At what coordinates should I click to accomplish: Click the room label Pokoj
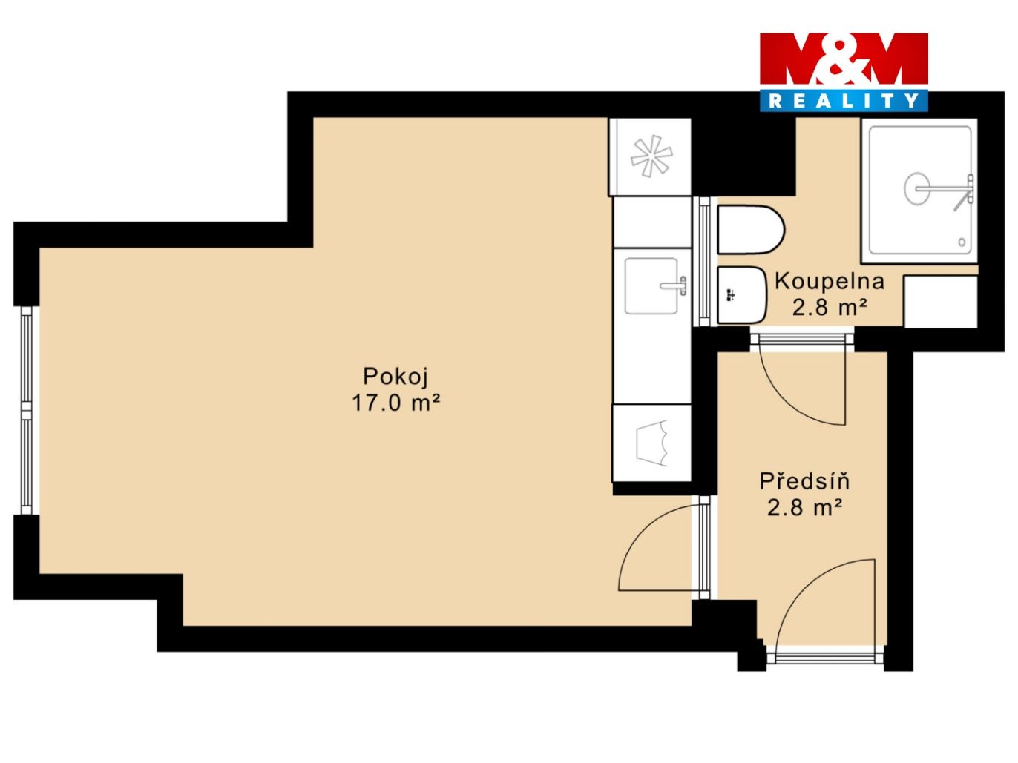coord(395,376)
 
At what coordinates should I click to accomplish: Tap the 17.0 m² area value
coord(395,403)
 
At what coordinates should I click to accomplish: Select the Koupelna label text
coord(830,282)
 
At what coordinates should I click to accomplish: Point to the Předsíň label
coord(804,481)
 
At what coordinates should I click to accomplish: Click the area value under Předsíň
coord(804,507)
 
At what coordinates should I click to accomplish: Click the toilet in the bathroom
coord(750,230)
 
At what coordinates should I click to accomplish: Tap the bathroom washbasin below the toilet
coord(740,295)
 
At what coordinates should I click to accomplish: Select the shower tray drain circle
coord(917,188)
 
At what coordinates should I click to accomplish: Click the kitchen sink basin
coord(651,285)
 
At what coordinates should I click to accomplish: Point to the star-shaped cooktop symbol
coord(651,156)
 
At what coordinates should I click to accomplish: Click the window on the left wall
coord(27,410)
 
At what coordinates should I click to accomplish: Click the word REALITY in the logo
coord(843,101)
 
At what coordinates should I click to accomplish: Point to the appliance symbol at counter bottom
coord(652,443)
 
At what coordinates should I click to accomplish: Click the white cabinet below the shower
coord(941,302)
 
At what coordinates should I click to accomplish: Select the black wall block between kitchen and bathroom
coord(743,156)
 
